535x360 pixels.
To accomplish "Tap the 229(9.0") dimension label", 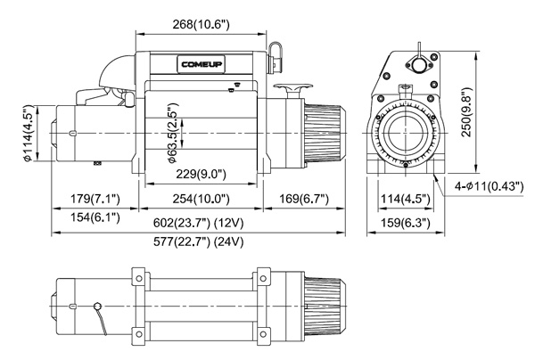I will [201, 174].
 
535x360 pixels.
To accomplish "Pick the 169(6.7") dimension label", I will [303, 198].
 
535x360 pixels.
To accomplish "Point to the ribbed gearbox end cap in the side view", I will [323, 134].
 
